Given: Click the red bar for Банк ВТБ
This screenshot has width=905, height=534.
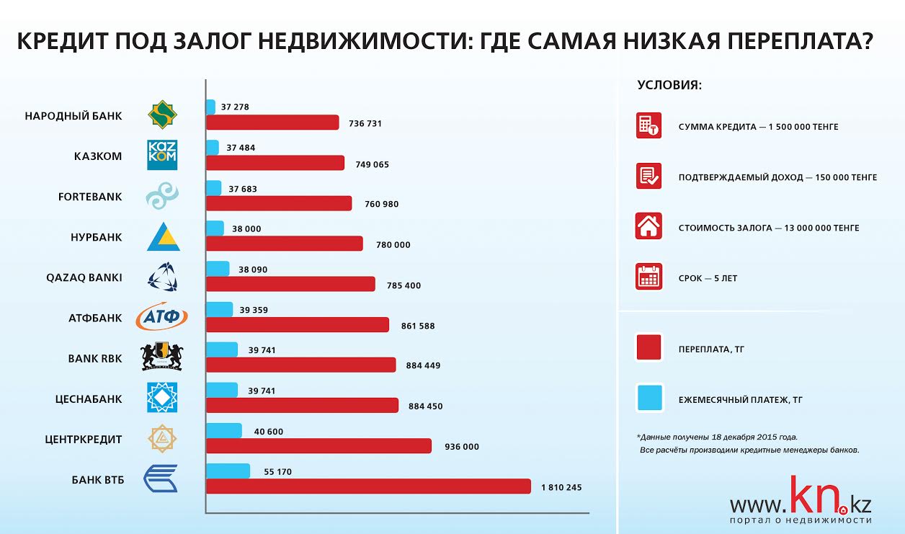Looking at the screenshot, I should tap(368, 486).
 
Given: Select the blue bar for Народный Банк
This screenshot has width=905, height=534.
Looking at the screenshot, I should tap(210, 107).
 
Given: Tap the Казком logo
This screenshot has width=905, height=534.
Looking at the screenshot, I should tap(162, 155).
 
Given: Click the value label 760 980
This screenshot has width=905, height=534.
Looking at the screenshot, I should tap(382, 204).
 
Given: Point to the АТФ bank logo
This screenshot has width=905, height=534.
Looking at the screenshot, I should tap(162, 316).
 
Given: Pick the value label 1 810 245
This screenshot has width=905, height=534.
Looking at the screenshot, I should tap(561, 487).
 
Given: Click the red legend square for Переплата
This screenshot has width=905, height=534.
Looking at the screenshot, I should tap(648, 348).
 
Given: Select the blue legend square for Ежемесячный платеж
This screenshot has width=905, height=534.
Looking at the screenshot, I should tap(648, 398).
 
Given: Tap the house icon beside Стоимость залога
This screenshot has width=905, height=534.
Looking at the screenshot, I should tap(648, 226).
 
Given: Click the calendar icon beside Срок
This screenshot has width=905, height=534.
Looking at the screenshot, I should tap(648, 277).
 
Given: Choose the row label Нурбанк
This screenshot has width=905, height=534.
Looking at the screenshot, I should tap(96, 237).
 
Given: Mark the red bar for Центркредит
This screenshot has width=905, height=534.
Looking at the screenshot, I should tap(318, 446).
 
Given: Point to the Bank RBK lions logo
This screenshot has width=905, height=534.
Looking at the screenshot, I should tap(162, 357).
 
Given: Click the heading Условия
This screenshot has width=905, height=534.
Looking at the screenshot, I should tap(669, 85).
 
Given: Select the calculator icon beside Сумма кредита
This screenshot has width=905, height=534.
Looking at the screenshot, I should tap(648, 125).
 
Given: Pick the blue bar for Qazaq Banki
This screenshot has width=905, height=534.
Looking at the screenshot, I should tap(218, 269).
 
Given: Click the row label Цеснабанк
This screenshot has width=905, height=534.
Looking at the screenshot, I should tap(89, 399).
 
